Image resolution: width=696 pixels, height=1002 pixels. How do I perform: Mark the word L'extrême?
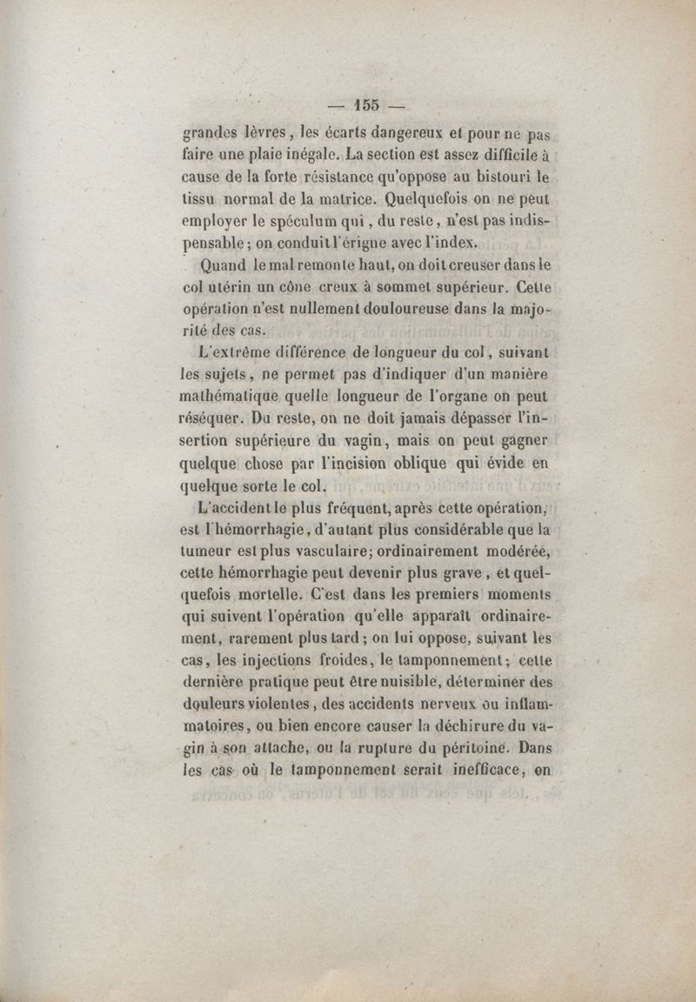coord(231,353)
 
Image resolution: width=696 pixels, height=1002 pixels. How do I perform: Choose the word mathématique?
coord(231,397)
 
